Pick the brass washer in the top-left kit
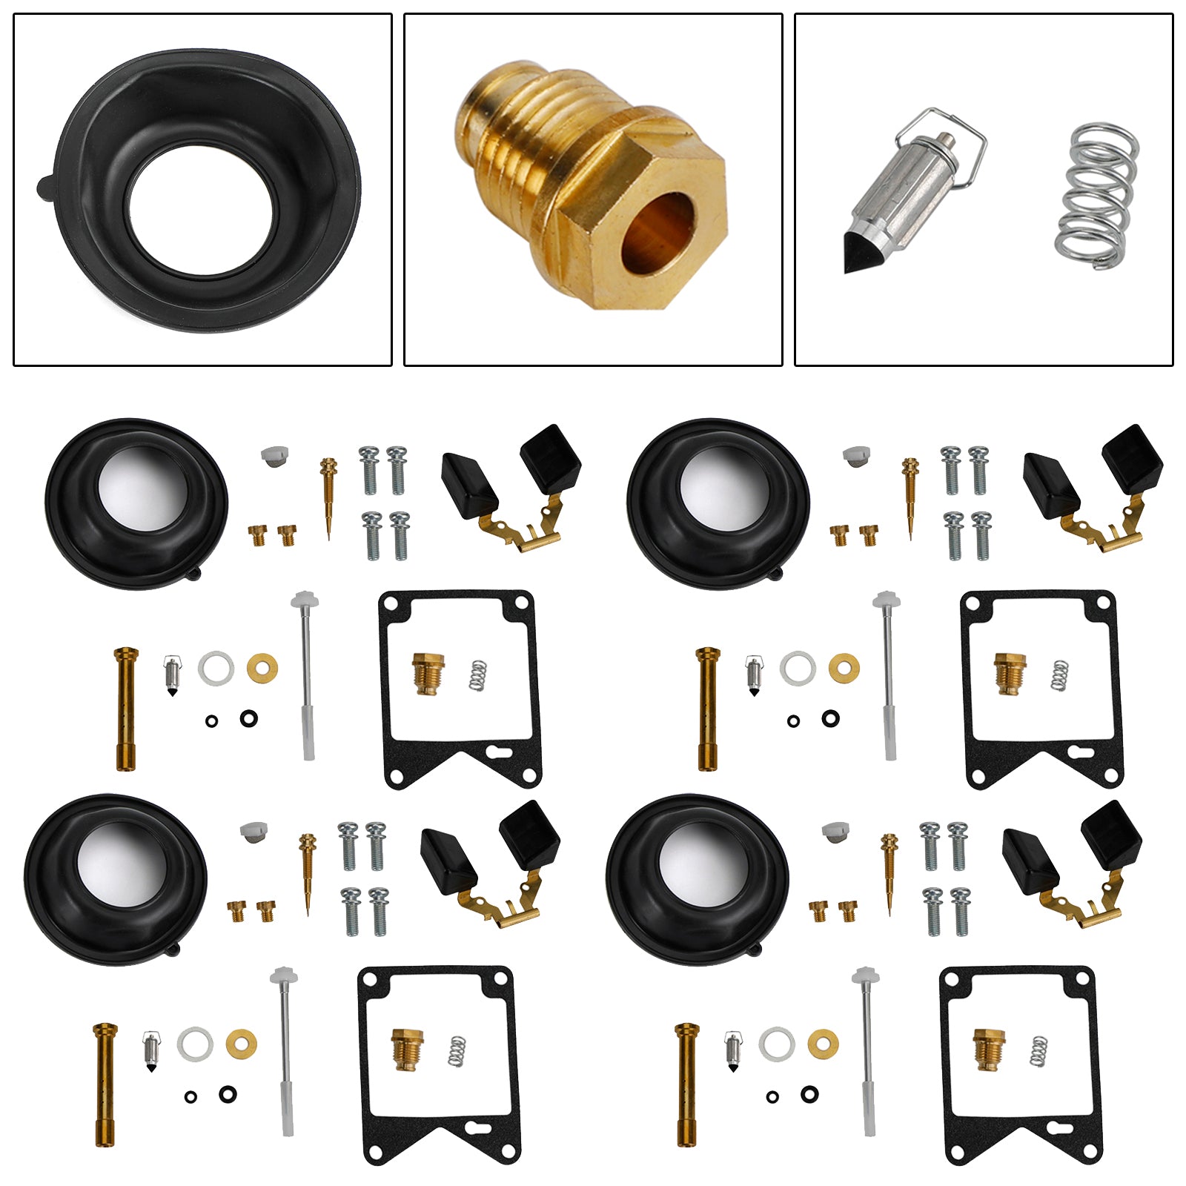point(262,669)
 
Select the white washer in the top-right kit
point(798,669)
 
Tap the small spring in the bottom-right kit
point(1039,1052)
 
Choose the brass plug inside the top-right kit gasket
point(1009,673)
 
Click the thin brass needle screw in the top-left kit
point(328,497)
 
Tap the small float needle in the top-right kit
point(754,675)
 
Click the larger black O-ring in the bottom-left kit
point(228,1093)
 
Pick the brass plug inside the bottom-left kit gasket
point(407,1049)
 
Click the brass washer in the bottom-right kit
point(823,1044)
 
